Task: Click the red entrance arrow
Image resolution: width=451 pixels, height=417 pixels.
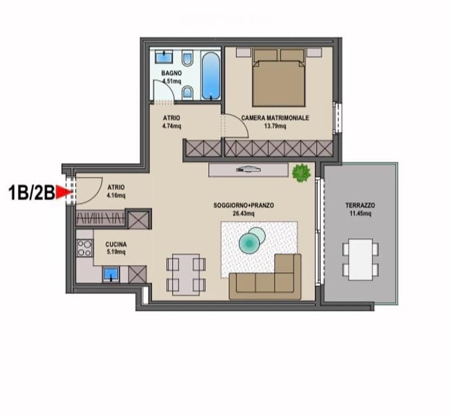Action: click(x=63, y=192)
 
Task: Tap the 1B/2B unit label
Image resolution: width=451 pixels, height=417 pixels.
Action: click(x=32, y=192)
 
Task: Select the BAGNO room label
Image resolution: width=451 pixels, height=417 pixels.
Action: click(x=171, y=73)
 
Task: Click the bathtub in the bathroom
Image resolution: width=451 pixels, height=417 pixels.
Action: click(x=211, y=76)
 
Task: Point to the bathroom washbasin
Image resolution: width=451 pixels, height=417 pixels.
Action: click(x=163, y=57)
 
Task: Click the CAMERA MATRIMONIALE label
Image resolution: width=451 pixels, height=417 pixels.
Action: click(x=275, y=118)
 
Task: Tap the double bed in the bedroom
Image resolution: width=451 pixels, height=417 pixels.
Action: click(x=278, y=78)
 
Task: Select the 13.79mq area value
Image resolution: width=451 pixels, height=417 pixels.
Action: click(x=275, y=126)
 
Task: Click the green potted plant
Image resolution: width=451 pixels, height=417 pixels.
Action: click(x=301, y=172)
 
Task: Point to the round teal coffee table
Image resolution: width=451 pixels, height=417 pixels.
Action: click(x=249, y=243)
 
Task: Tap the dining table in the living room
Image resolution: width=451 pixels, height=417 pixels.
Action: click(x=186, y=274)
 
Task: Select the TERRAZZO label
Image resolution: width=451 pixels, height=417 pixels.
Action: click(x=360, y=205)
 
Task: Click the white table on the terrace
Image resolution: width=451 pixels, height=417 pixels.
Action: click(x=360, y=259)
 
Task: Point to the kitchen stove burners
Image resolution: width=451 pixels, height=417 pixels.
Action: click(x=85, y=248)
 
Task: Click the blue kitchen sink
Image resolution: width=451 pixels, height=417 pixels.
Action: click(x=111, y=274)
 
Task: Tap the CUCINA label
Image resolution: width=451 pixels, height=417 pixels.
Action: click(x=116, y=245)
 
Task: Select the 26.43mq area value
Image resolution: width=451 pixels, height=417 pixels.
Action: click(x=244, y=214)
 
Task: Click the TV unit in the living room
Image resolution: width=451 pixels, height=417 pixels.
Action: click(x=249, y=170)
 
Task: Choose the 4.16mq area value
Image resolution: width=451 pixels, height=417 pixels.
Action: click(x=116, y=196)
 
